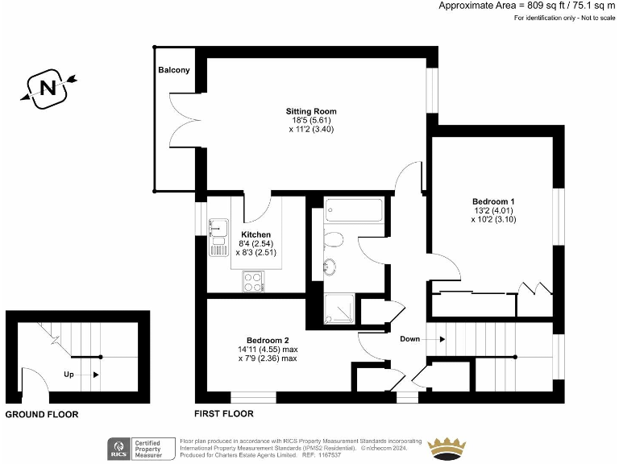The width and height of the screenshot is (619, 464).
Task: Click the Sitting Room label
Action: tap(310, 111)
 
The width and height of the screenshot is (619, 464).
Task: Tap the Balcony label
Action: tap(174, 70)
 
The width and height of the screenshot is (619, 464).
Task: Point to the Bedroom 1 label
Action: tap(493, 201)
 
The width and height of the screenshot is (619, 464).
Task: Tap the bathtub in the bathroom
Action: tap(356, 212)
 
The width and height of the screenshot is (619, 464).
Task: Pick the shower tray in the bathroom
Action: tap(339, 308)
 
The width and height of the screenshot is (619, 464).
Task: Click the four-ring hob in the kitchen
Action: tap(253, 281)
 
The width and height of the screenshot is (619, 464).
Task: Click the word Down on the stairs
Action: tap(410, 339)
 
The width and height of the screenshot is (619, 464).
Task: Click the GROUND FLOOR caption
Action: tap(42, 415)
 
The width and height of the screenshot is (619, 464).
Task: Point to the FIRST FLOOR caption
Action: tap(224, 414)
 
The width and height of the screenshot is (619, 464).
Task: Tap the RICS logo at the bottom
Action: tap(120, 448)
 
